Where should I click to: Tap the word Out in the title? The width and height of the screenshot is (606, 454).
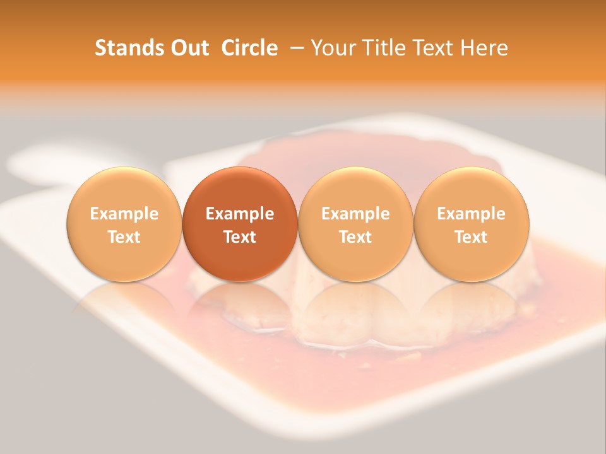click(x=189, y=48)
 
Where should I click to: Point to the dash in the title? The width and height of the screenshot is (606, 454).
click(x=295, y=48)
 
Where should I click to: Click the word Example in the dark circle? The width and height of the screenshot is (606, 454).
click(x=240, y=214)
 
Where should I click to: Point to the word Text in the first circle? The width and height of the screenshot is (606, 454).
click(x=124, y=237)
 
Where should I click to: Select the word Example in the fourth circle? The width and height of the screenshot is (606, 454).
click(x=472, y=214)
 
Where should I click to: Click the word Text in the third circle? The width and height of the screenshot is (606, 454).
click(x=355, y=237)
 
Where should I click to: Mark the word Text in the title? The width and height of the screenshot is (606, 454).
click(x=434, y=48)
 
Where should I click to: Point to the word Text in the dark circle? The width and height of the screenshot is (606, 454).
click(x=240, y=237)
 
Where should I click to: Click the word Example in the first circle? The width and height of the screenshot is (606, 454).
click(x=124, y=214)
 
